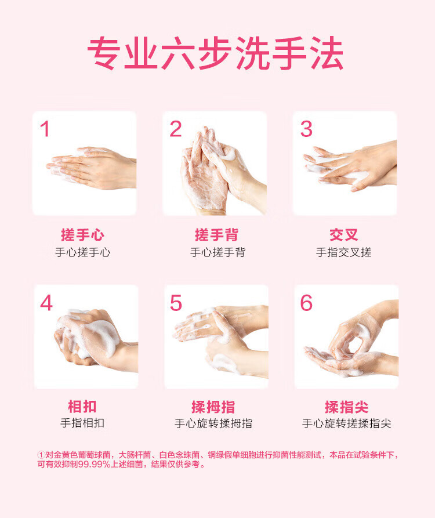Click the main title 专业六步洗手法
[x=215, y=55]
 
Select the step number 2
[x=176, y=129]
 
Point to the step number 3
[x=306, y=129]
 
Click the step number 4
[x=46, y=303]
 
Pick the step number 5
[x=176, y=303]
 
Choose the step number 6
[x=306, y=303]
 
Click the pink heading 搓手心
[x=82, y=235]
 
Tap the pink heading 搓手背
[x=216, y=235]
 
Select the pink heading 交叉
[x=343, y=235]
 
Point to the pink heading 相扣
[x=82, y=406]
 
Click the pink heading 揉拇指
[x=213, y=406]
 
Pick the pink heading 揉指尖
[x=346, y=406]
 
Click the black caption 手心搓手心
[x=82, y=252]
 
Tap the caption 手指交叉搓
[x=343, y=252]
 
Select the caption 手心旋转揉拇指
[x=213, y=423]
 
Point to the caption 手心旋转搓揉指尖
[x=346, y=423]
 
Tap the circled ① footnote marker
[x=41, y=455]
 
